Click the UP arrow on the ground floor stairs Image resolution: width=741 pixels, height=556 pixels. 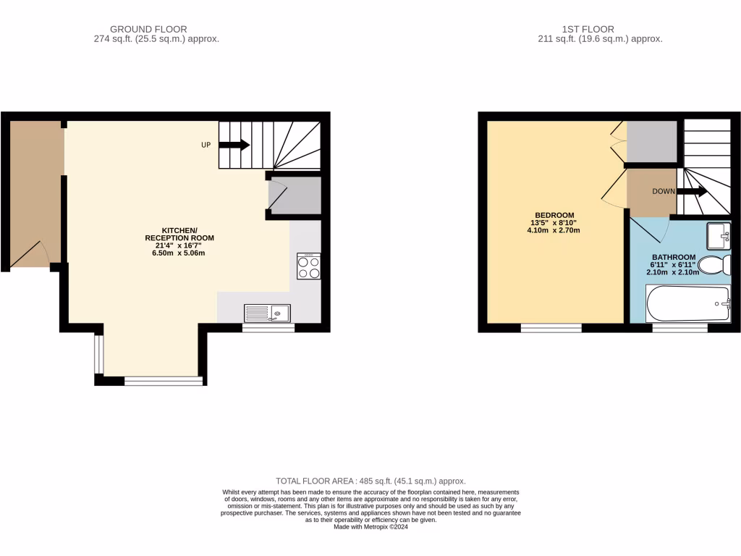(234, 145)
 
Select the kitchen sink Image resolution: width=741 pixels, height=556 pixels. (267, 313)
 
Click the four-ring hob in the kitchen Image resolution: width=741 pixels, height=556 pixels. (309, 266)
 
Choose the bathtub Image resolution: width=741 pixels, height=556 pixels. (688, 303)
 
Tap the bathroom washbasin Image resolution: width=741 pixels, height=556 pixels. (719, 236)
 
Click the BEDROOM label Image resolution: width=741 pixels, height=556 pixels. (554, 215)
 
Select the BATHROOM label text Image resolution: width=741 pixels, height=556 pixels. (674, 257)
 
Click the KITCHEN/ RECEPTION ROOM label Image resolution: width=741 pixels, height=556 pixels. (179, 233)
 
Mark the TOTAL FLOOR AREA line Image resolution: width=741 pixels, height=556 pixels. (370, 481)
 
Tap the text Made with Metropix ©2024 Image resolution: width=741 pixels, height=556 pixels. (370, 527)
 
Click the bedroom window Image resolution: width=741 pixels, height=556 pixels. (551, 328)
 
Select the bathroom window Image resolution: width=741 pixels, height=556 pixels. (679, 328)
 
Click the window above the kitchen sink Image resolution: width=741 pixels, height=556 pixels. (268, 328)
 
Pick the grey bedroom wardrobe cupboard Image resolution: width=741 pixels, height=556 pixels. (651, 142)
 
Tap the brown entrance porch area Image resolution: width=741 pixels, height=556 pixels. (35, 192)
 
